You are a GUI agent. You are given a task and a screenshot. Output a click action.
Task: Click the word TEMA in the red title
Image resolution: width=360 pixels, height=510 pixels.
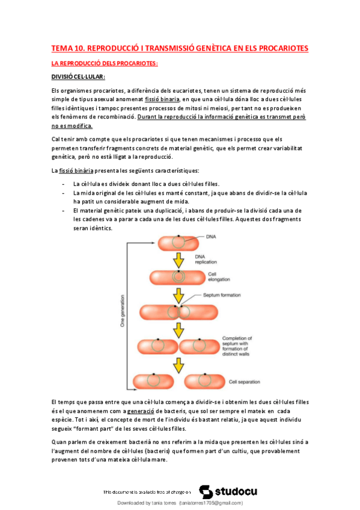[62, 48]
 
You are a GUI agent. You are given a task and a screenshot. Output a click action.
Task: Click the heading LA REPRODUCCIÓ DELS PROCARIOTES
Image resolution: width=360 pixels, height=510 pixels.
[105, 63]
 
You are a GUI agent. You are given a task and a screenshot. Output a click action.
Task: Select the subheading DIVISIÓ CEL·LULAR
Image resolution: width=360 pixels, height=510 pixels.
[78, 76]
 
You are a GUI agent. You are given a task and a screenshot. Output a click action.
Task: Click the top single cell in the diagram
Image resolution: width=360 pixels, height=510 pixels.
[177, 242]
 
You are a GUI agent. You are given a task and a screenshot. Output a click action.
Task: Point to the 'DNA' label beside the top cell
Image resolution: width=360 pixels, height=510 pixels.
[211, 237]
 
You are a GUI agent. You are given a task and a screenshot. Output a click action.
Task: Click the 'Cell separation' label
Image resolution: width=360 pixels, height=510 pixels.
[244, 381]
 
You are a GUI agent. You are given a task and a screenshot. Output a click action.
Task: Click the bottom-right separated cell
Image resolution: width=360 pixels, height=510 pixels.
[204, 381]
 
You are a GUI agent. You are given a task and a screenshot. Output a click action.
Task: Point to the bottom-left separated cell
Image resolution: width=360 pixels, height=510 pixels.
[152, 381]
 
